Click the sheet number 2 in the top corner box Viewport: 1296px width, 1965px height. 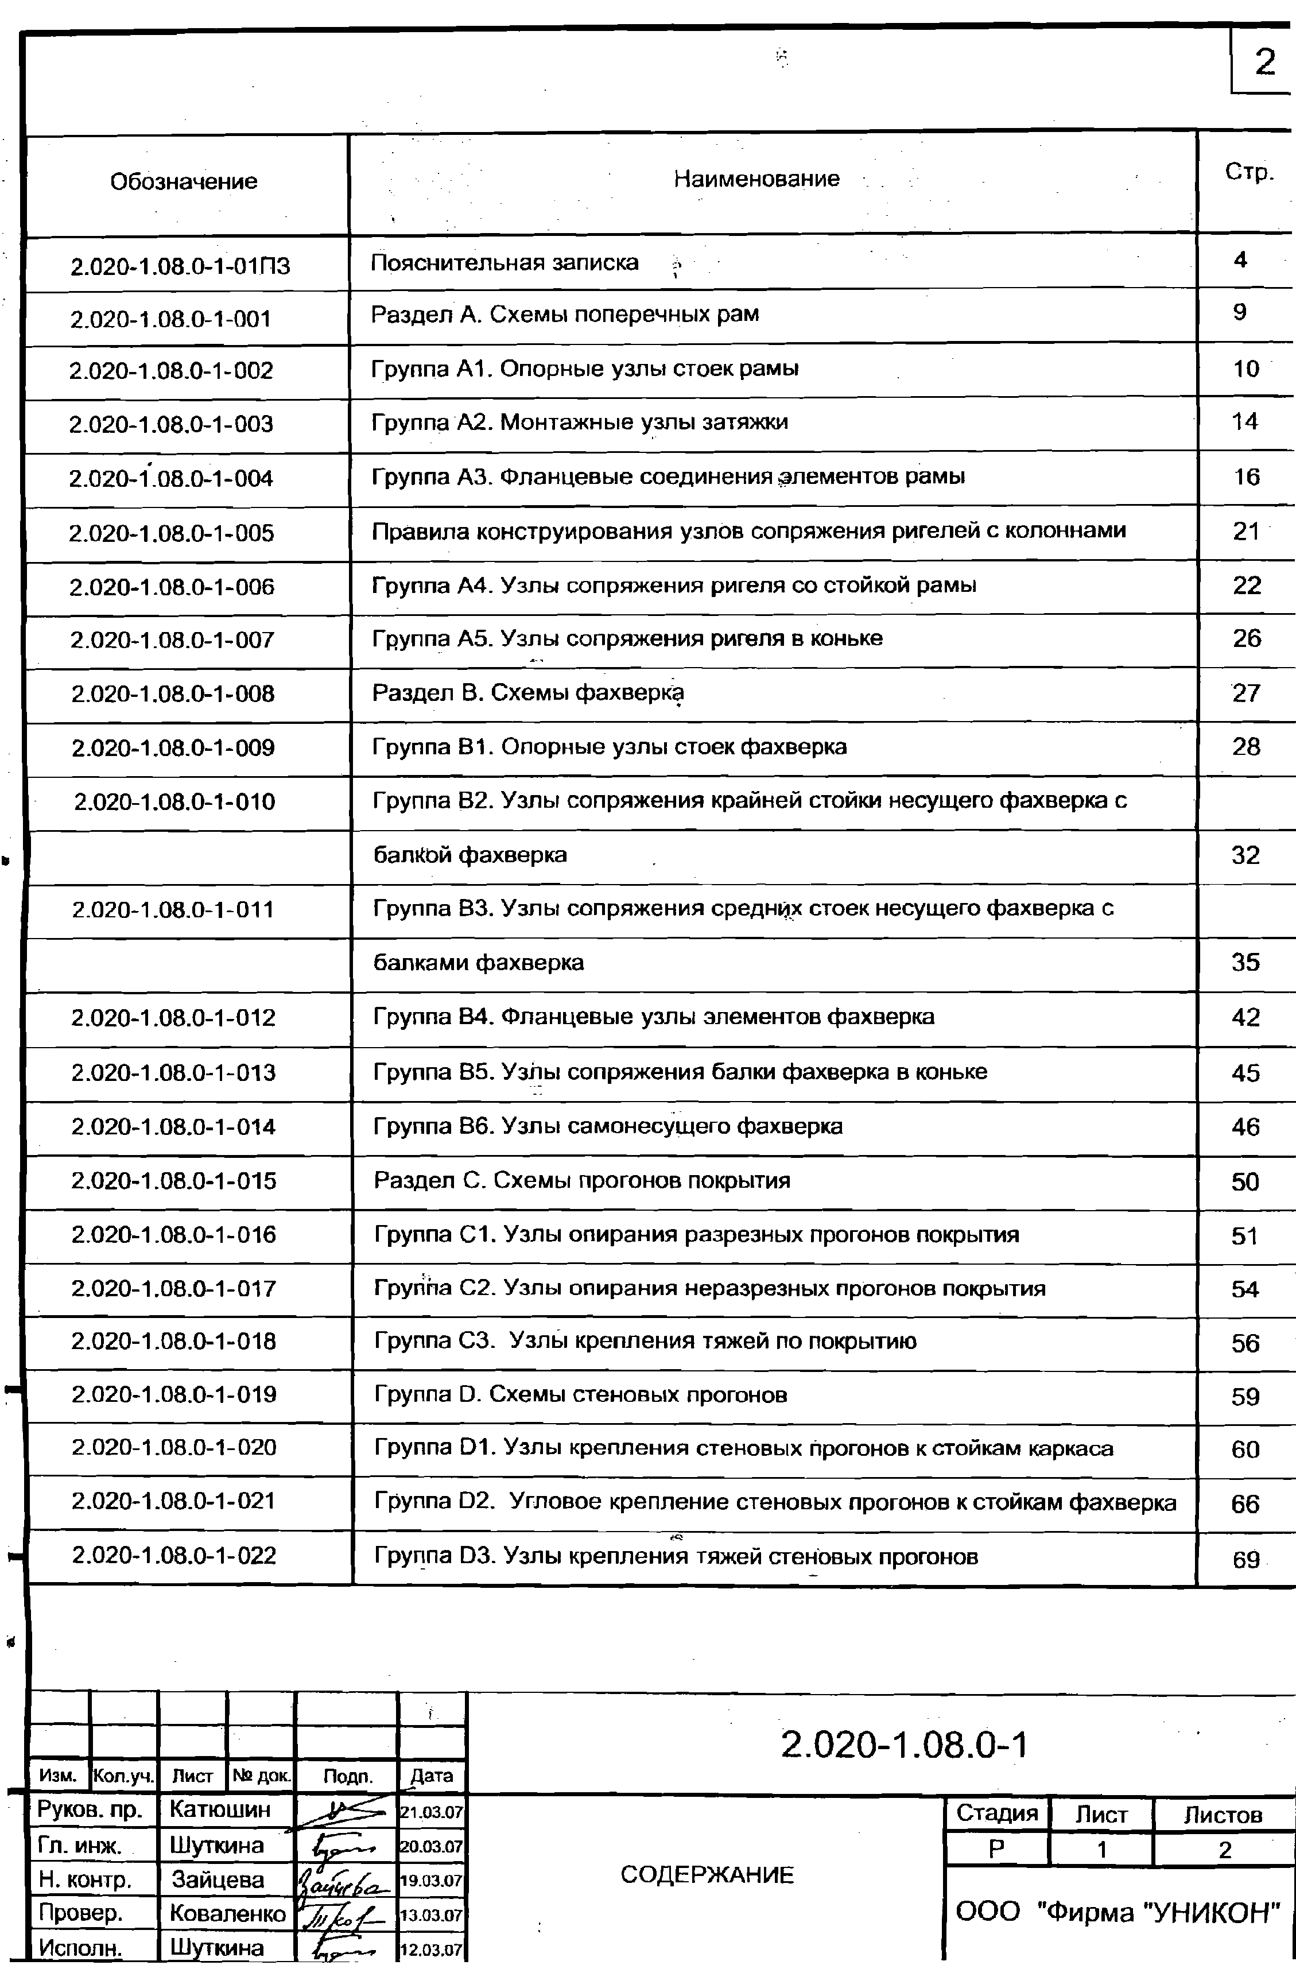coord(1264,63)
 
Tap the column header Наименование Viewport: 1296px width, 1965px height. coord(756,179)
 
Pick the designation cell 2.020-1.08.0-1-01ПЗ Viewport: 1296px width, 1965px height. coord(180,266)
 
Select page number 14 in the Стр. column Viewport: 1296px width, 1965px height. coord(1245,421)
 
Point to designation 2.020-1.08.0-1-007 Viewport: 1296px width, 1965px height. coord(172,640)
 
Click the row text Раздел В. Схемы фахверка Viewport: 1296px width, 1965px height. coord(527,693)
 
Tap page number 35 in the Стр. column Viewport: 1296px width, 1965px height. coord(1245,962)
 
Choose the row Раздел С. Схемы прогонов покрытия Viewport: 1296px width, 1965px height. coord(582,1180)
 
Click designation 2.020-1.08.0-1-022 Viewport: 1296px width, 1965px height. coord(173,1556)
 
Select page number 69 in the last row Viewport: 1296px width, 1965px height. coord(1245,1560)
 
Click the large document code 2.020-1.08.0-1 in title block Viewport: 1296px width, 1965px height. coord(904,1745)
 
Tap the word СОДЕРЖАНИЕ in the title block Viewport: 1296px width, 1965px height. coord(707,1875)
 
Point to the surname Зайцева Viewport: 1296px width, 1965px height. coord(218,1880)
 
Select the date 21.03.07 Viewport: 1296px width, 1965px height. coord(432,1813)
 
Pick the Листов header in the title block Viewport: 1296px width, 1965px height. coord(1223,1815)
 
